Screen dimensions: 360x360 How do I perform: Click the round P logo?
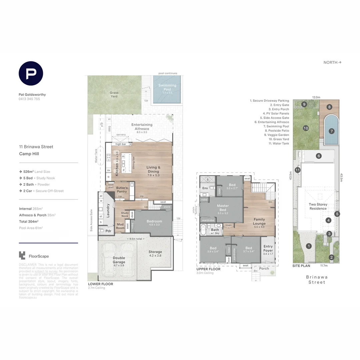point(31,74)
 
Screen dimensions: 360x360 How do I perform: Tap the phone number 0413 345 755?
point(29,99)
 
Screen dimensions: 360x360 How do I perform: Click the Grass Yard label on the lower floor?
point(114,95)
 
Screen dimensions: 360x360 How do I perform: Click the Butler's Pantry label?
point(122,190)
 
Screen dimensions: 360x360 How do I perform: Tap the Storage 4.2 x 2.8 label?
point(155,254)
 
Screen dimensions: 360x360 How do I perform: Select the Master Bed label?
point(222,208)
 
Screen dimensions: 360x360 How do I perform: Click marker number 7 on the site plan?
point(331,131)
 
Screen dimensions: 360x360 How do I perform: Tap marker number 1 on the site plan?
point(309,246)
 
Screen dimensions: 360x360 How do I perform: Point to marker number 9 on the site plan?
point(304,104)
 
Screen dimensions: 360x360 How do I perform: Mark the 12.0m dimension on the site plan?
point(316,97)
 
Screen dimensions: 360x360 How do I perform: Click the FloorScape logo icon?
point(22,255)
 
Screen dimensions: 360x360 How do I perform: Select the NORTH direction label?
point(332,62)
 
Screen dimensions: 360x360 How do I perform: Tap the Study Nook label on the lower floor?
point(125,214)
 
